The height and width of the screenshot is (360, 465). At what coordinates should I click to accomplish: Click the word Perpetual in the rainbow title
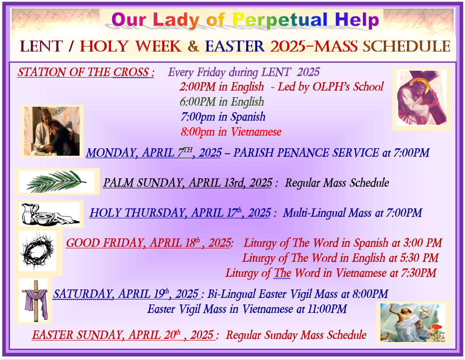tap(280, 20)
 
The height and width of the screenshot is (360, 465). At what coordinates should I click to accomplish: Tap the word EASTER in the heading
tap(235, 46)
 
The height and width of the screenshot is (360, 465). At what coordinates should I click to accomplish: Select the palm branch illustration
tap(57, 181)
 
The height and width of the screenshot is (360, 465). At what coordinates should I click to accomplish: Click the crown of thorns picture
tap(38, 251)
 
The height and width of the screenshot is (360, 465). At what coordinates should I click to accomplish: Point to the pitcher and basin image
tap(51, 214)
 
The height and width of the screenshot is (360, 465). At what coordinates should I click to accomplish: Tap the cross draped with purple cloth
tap(36, 300)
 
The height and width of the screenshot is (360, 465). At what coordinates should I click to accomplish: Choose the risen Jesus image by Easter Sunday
tap(412, 322)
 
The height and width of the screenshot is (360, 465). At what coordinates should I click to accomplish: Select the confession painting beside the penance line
tap(52, 131)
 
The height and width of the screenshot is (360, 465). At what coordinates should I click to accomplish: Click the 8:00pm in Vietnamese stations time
tap(231, 132)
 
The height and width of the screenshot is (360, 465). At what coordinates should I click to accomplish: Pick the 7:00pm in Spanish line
tap(223, 117)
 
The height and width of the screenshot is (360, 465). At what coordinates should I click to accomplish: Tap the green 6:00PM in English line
tap(222, 102)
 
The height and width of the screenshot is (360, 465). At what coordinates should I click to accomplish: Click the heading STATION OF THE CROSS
tap(86, 72)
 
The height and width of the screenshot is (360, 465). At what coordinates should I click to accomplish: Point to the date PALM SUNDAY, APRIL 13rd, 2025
tap(187, 183)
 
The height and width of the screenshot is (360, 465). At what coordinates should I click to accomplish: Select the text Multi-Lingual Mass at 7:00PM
tap(352, 213)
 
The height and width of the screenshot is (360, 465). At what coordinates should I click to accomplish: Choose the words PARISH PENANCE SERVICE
tap(306, 153)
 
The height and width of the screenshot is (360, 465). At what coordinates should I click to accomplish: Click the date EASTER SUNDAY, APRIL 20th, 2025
tap(123, 335)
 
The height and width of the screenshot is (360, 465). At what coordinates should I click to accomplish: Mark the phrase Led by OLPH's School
tap(330, 87)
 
